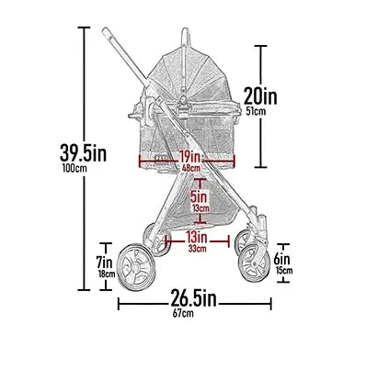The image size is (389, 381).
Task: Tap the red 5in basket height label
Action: (x=199, y=196)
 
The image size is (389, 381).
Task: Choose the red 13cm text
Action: (x=199, y=208)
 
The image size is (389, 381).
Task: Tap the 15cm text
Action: (x=283, y=270)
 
